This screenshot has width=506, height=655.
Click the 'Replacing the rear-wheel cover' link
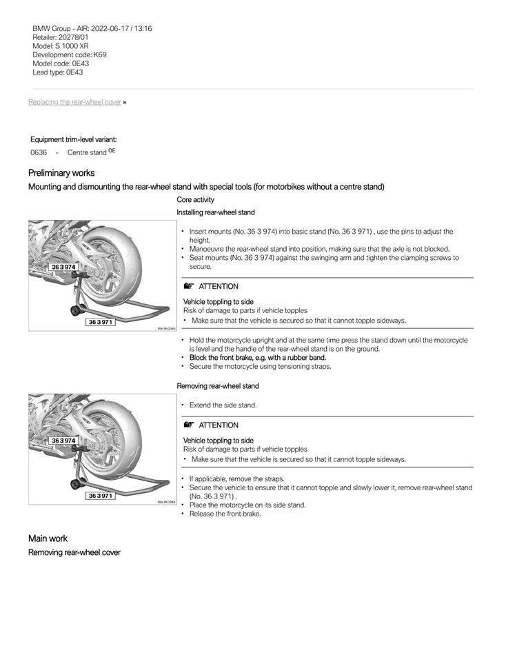74,102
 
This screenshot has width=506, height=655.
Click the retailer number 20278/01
74,37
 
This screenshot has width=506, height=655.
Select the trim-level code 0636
39,152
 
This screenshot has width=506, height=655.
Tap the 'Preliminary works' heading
61,173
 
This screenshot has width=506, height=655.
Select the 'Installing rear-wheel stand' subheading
216,212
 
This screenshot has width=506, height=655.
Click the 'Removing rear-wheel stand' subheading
218,386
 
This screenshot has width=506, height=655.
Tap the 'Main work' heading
48,538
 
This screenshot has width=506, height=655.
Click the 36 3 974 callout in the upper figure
63,266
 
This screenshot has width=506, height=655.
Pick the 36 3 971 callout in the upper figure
101,322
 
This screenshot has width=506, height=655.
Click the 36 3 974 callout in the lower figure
63,440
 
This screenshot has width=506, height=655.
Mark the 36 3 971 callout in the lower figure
101,496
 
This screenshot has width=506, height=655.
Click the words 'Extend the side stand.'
223,405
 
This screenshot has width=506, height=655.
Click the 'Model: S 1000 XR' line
61,46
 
